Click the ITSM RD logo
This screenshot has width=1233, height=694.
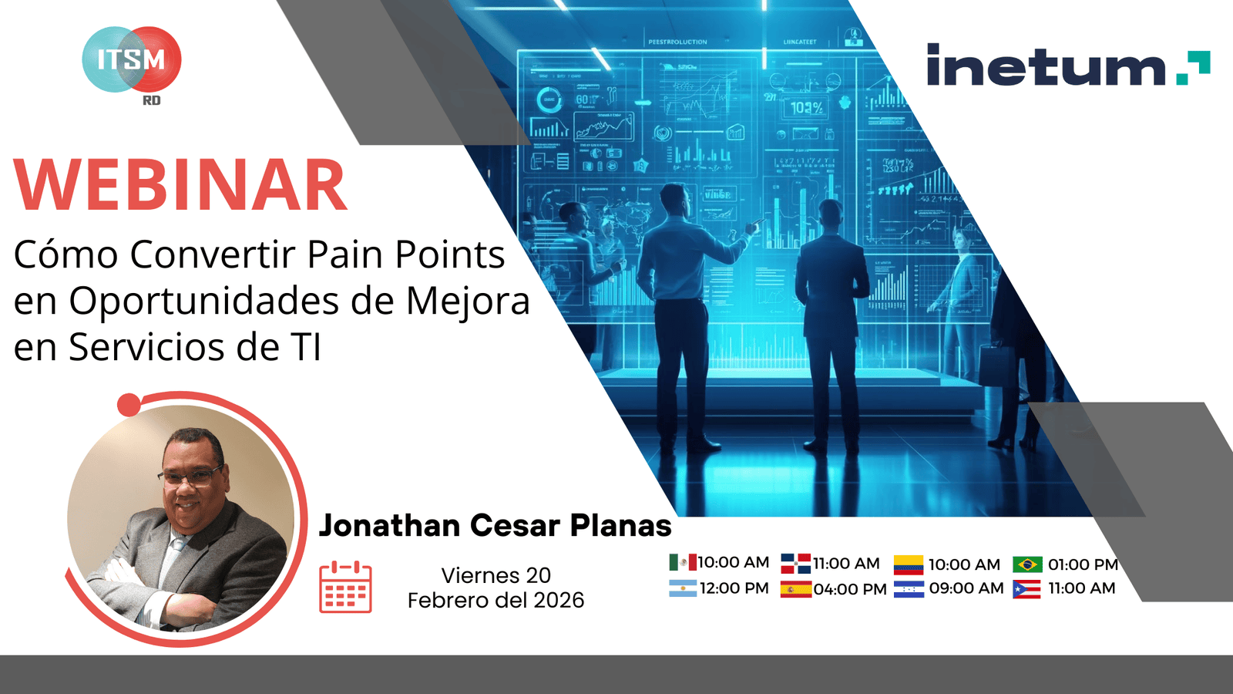pos(132,62)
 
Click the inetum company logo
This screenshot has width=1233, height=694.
pos(1067,65)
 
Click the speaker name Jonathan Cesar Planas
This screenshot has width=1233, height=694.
pos(495,525)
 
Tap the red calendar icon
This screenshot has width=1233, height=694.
pos(345,588)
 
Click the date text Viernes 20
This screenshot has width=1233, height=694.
pos(496,575)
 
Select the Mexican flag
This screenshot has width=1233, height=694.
pos(682,562)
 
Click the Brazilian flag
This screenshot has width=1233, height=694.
pos(1027,564)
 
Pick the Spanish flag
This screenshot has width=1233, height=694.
pos(795,590)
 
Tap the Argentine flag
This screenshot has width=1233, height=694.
pos(682,588)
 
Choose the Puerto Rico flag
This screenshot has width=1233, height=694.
pos(1026,589)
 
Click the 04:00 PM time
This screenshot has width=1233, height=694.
pos(850,589)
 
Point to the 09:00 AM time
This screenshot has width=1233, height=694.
pos(966,588)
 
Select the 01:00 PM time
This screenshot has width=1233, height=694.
pos(1083,564)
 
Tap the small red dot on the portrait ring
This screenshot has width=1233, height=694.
pos(129,405)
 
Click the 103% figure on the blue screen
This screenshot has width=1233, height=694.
pos(807,108)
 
